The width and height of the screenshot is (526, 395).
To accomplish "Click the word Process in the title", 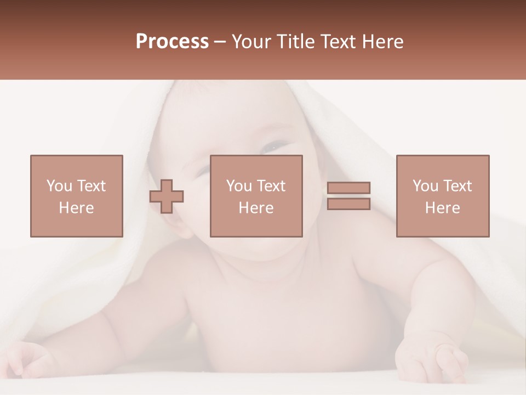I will [x=172, y=42].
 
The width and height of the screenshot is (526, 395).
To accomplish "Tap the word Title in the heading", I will [x=296, y=42].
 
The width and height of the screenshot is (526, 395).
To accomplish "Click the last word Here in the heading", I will [x=381, y=42].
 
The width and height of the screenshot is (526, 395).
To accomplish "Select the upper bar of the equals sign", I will [x=348, y=188].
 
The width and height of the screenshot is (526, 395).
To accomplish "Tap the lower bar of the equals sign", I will [x=348, y=204].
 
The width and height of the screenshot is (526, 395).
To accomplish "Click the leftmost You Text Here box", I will [x=76, y=196].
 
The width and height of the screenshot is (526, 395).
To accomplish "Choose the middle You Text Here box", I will [x=256, y=196].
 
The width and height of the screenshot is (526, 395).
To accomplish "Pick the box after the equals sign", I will [x=442, y=196].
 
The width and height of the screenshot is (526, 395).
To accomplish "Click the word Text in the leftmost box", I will [x=91, y=186].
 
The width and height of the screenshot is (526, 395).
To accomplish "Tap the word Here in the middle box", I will [x=256, y=208].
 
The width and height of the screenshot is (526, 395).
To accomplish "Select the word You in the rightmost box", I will [x=425, y=186].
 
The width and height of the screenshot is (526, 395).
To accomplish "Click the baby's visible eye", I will [x=274, y=147].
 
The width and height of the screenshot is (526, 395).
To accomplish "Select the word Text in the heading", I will [x=338, y=42].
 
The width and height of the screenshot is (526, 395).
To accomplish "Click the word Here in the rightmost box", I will [x=442, y=208].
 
